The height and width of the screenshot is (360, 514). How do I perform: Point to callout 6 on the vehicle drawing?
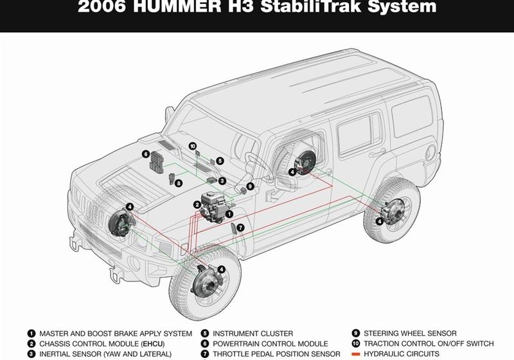146,154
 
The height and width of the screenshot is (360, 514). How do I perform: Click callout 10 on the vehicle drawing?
192,147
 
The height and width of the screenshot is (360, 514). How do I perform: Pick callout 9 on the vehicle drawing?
250,186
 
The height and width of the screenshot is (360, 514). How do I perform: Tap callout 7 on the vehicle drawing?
240,228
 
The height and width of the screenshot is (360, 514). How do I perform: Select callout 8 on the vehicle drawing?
179,183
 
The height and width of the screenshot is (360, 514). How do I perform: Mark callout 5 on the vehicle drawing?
220,161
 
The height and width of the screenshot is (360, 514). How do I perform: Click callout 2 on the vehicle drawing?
197,205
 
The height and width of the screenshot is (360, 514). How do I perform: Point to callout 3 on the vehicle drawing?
222,181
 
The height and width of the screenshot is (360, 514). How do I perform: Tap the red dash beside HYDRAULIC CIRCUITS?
355,354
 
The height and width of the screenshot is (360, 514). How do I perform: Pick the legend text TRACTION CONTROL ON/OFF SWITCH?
429,344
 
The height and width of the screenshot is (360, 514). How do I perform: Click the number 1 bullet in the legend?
31,334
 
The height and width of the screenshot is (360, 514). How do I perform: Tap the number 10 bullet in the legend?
355,344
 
